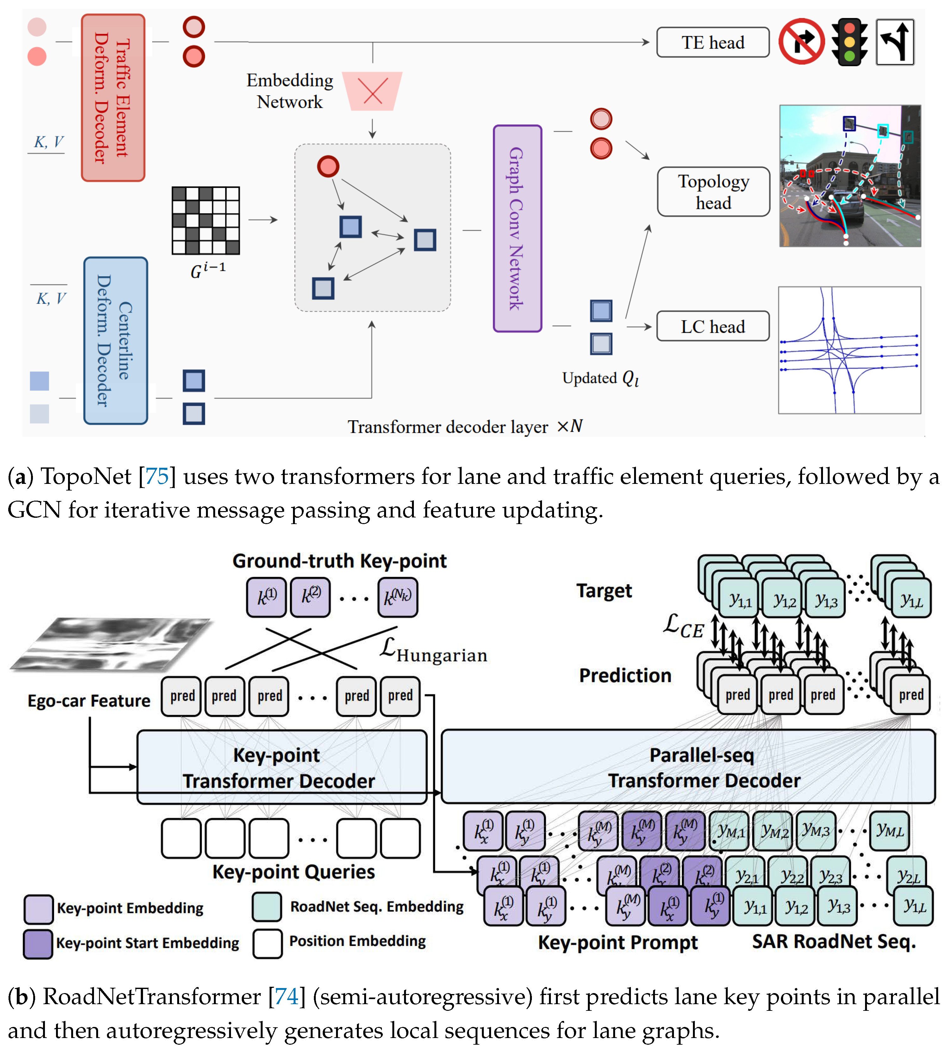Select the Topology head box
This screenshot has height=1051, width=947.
tap(713, 191)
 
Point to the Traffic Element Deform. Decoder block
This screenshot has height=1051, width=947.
tap(113, 98)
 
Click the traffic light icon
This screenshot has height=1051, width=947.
tap(849, 42)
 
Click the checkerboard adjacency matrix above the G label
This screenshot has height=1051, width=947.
tap(206, 220)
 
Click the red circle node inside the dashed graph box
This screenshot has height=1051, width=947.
tap(328, 166)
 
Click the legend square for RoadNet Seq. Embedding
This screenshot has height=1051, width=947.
tap(267, 906)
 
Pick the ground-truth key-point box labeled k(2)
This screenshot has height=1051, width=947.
tap(310, 597)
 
